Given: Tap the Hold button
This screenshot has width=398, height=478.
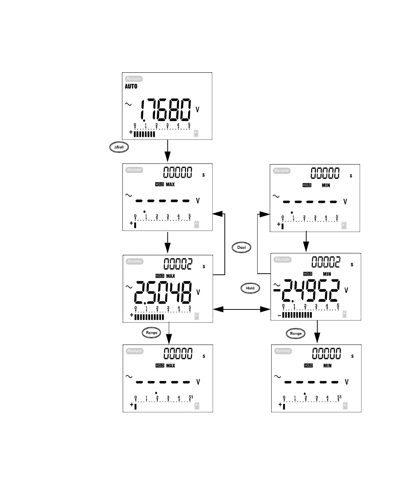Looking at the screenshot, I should [x=250, y=288].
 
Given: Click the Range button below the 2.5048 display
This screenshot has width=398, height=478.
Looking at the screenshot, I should [x=151, y=333].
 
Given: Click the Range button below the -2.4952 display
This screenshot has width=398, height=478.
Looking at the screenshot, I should [x=296, y=334].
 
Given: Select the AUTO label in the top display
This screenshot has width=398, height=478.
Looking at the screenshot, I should [x=131, y=86].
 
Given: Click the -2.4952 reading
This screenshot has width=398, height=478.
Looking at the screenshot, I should [x=307, y=290].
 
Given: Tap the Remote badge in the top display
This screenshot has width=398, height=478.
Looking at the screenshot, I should [x=134, y=79].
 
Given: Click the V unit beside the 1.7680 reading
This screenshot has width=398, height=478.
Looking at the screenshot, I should [x=198, y=110].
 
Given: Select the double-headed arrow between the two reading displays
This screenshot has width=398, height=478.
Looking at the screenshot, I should [x=242, y=309].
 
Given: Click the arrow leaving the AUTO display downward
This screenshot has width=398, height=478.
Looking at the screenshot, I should [x=168, y=150].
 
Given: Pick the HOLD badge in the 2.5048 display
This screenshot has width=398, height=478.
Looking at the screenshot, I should [x=160, y=276].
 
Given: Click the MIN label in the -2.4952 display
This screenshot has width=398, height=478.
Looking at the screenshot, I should [x=327, y=274].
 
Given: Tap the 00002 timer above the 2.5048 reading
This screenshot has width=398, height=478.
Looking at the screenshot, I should [x=178, y=264].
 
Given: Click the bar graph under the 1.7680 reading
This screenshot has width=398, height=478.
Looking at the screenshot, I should [x=144, y=134].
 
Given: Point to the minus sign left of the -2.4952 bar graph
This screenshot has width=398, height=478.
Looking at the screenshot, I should [x=279, y=315].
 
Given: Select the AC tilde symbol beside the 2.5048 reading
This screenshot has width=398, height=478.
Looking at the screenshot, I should [x=129, y=287].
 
